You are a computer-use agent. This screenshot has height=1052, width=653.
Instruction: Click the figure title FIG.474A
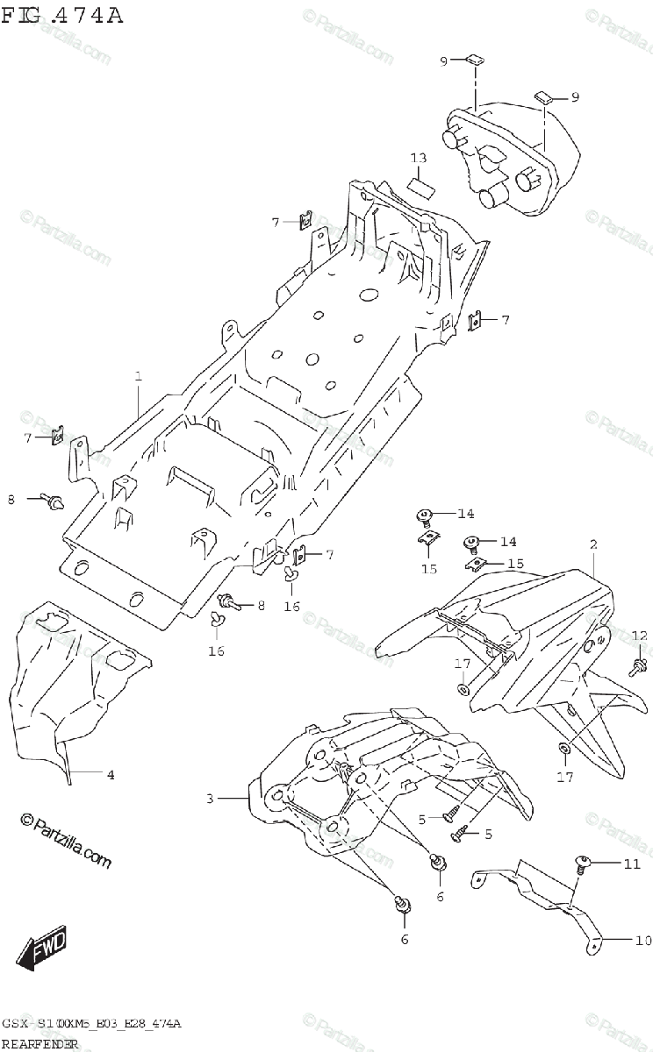point(62,16)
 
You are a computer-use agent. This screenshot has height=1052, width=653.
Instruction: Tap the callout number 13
point(419,158)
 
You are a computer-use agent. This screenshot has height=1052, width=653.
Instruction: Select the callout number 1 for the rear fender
point(139,376)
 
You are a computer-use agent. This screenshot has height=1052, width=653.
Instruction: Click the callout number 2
point(593,544)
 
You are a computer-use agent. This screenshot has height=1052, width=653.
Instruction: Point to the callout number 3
point(211,799)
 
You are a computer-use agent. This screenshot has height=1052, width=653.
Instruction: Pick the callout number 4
point(111,775)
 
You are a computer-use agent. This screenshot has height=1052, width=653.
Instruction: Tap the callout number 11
point(633,864)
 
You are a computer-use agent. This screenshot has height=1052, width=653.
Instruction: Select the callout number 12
point(639,635)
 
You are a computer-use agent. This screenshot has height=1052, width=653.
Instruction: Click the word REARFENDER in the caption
point(39,1043)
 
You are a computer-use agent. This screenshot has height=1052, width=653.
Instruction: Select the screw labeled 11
point(581,864)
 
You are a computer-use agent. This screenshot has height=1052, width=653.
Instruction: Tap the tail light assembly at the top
point(509,158)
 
